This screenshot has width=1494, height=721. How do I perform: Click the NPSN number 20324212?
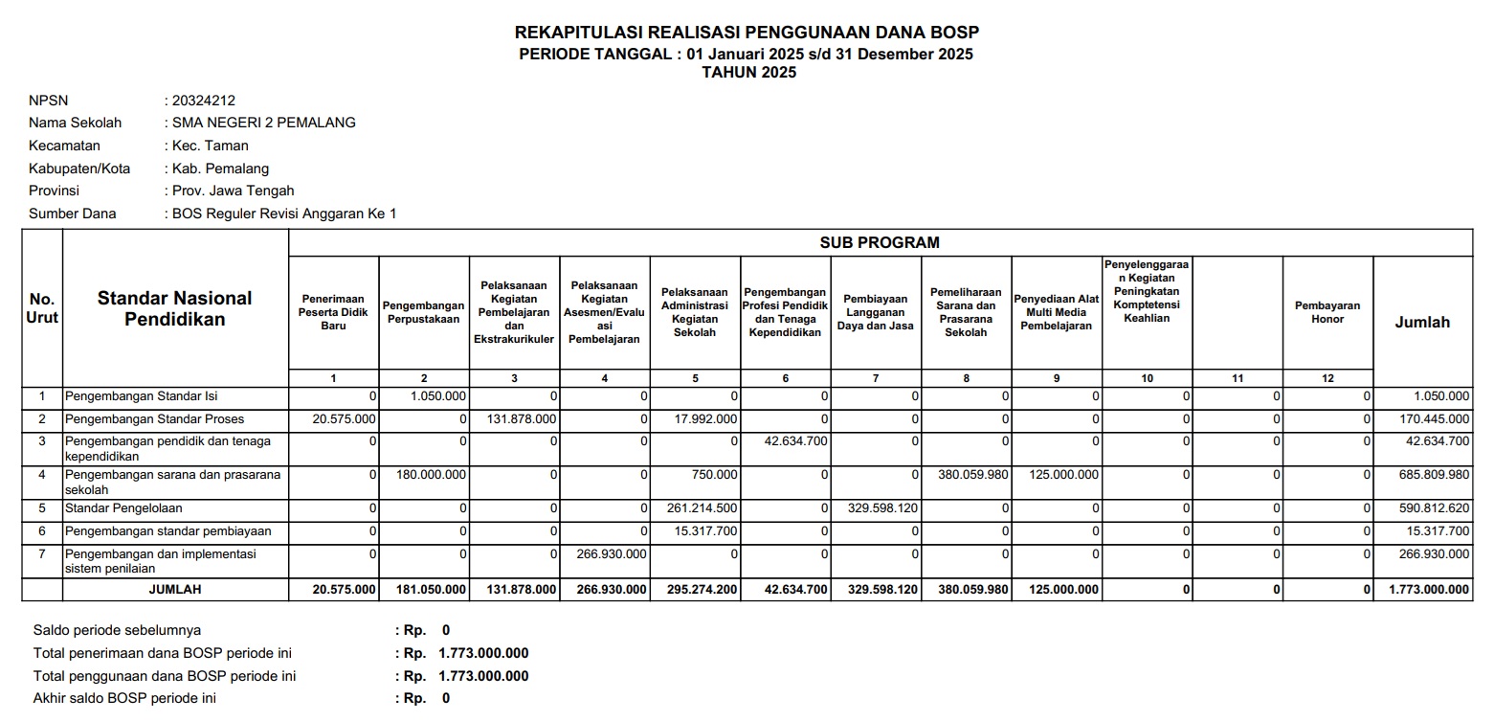click(203, 101)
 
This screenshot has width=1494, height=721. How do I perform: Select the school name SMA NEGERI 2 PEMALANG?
click(263, 123)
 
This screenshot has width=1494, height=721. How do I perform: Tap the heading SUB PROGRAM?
click(879, 243)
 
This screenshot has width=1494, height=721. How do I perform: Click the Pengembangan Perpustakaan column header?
click(423, 312)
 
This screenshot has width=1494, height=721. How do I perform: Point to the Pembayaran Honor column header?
click(1327, 312)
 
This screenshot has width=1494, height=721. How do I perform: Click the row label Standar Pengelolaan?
click(123, 508)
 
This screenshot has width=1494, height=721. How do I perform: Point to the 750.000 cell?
click(717, 474)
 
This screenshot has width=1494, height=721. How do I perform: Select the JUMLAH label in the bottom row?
click(175, 590)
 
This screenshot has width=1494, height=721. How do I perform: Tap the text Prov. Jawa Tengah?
click(233, 191)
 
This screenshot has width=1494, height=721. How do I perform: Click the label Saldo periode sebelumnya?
click(117, 630)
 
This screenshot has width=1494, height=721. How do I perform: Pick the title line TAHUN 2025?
click(747, 72)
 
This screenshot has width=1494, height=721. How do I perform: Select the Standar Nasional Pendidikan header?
click(175, 308)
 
